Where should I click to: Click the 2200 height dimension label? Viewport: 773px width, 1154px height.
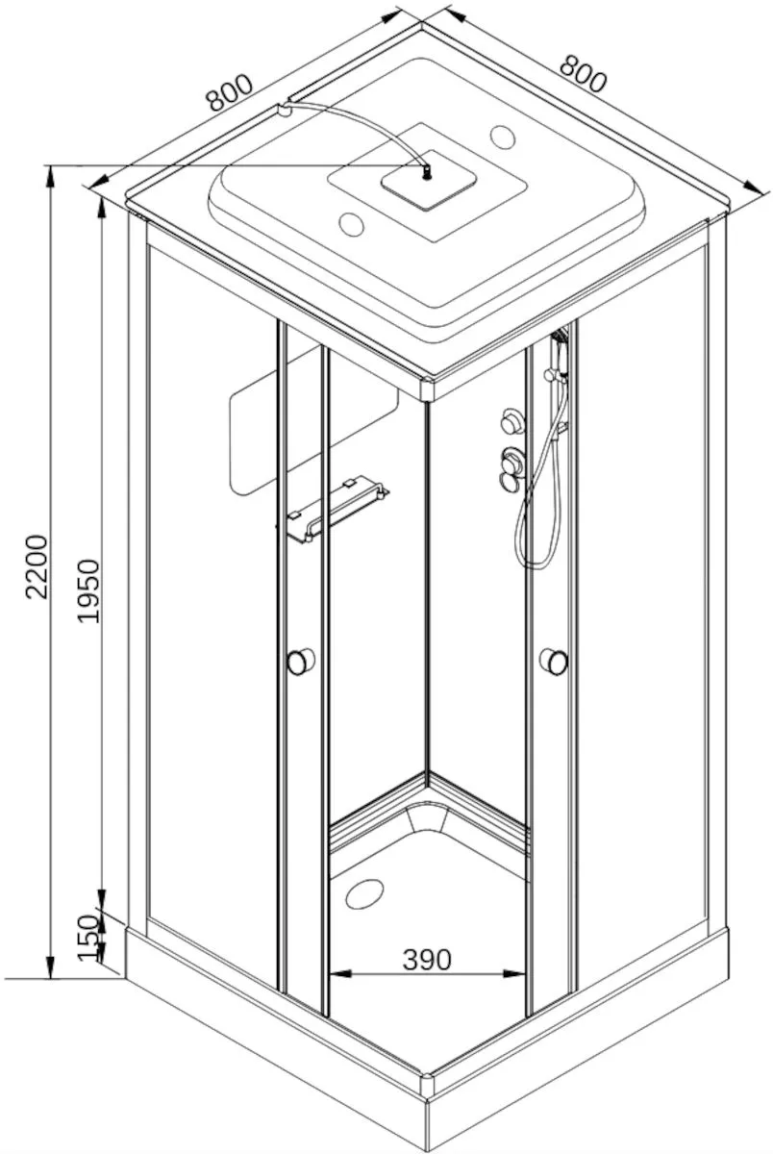(x=37, y=566)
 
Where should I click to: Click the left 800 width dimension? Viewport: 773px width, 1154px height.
(x=230, y=92)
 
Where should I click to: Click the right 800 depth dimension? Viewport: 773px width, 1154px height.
(x=583, y=74)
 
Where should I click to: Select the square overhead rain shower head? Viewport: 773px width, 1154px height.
(x=429, y=179)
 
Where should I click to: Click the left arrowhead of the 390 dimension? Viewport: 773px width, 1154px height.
(x=340, y=973)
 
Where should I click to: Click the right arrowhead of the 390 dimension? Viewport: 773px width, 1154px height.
(x=515, y=973)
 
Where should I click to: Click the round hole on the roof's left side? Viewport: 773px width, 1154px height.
(x=352, y=224)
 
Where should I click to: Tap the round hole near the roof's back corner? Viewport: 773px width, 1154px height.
(x=502, y=136)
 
